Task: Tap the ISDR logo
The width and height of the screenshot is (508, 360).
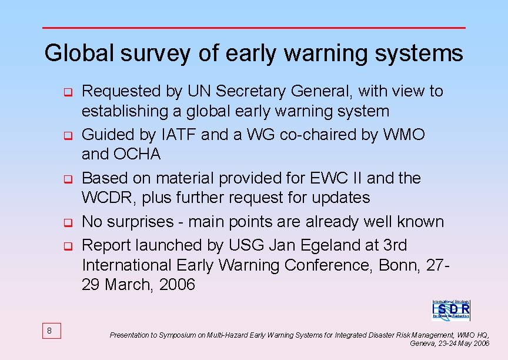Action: (451, 309)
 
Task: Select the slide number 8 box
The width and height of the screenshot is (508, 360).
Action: (49, 331)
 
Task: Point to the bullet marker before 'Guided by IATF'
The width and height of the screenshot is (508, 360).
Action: (68, 136)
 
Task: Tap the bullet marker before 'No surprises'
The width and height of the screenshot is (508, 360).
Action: (68, 223)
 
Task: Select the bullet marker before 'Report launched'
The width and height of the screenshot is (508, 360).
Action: (68, 245)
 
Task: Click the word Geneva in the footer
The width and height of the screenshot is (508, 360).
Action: (422, 343)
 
